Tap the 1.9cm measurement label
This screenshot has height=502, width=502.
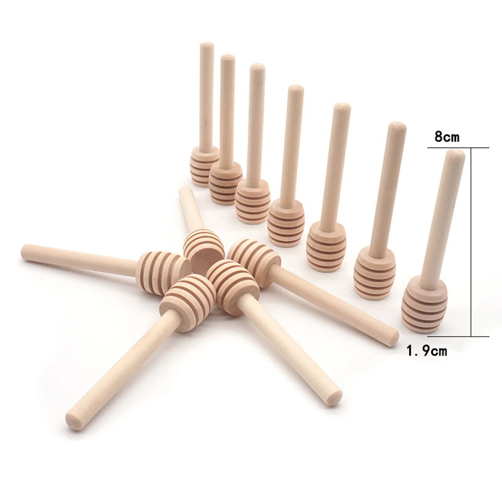pos(426,351)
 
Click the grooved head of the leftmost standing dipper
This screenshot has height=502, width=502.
pos(204,165)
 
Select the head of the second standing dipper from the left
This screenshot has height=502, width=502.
pos(225,183)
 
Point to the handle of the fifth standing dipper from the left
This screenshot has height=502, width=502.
pos(335,160)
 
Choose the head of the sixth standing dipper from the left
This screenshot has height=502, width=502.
pos(374,273)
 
